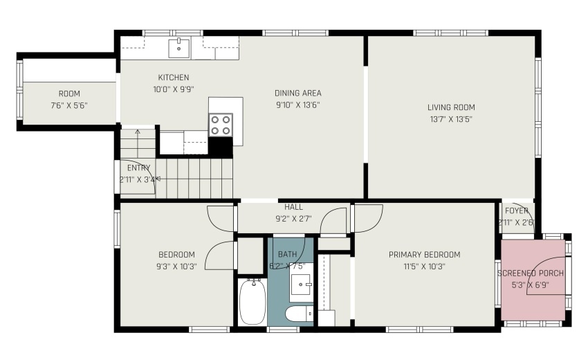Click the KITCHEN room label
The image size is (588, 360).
173,78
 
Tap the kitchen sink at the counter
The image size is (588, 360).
179,48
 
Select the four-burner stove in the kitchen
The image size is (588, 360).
221,125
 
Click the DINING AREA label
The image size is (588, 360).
297,93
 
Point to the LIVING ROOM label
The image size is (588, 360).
450,107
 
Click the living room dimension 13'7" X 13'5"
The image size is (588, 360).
450,119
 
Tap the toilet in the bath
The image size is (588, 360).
300,315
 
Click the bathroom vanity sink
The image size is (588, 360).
302,284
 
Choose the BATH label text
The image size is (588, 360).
287,254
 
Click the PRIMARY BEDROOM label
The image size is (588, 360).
424,254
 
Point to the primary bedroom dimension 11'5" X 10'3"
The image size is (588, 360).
424,266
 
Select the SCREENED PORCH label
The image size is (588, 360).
531,273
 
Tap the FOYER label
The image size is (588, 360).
516,211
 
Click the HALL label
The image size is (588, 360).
293,207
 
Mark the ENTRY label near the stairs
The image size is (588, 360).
138,168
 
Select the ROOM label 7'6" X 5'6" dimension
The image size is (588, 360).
69,105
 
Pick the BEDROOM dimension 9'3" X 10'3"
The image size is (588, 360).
176,266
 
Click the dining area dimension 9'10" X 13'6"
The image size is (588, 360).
297,105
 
